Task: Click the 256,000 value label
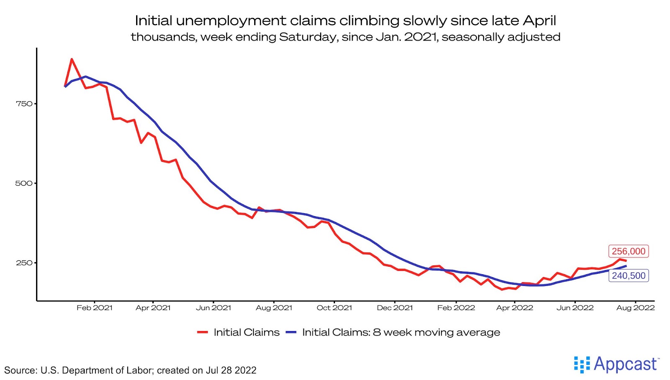(628, 251)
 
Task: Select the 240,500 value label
(628, 275)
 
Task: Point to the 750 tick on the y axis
(24, 104)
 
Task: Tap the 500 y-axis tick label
(24, 183)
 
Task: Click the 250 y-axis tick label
(24, 263)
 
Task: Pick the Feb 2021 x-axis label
(95, 308)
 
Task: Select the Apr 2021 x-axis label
(153, 308)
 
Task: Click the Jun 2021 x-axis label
(214, 308)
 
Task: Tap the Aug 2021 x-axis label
(274, 308)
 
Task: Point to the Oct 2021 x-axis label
(334, 308)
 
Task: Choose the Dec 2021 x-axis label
(395, 308)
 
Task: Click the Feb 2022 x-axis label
(456, 308)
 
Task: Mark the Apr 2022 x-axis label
(515, 308)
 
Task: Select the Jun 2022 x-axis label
(575, 308)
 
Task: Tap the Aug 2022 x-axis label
(635, 308)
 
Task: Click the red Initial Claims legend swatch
(203, 332)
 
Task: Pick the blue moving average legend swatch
(291, 332)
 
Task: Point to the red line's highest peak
(72, 59)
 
